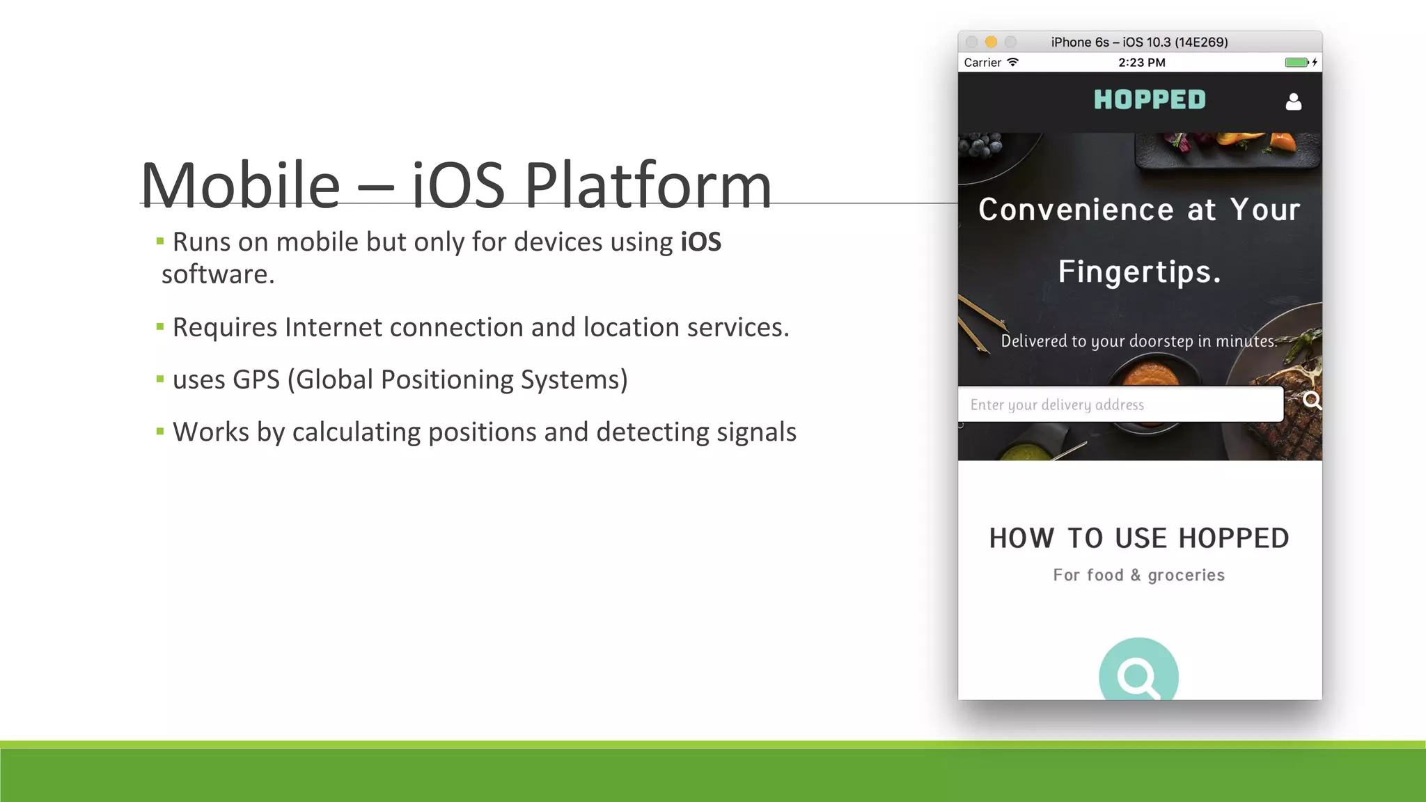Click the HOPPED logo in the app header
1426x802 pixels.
pyautogui.click(x=1150, y=100)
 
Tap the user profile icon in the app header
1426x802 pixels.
pyautogui.click(x=1293, y=102)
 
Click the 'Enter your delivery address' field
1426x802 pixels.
pyautogui.click(x=1120, y=404)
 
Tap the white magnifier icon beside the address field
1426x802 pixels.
pyautogui.click(x=1312, y=401)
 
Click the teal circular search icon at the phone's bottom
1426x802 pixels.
pyautogui.click(x=1138, y=673)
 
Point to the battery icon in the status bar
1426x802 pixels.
pyautogui.click(x=1296, y=63)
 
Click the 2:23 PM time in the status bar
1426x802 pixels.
pyautogui.click(x=1141, y=63)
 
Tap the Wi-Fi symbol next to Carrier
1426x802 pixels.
pyautogui.click(x=1013, y=62)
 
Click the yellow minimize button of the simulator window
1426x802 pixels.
pyautogui.click(x=992, y=42)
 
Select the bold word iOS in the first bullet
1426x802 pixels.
pyautogui.click(x=700, y=242)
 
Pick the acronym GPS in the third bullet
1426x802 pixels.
pyautogui.click(x=256, y=380)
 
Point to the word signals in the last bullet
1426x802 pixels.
pyautogui.click(x=756, y=432)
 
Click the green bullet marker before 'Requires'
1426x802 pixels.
pyautogui.click(x=160, y=327)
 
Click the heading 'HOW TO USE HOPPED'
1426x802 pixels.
pyautogui.click(x=1139, y=538)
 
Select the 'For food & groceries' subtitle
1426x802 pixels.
pyautogui.click(x=1138, y=575)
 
